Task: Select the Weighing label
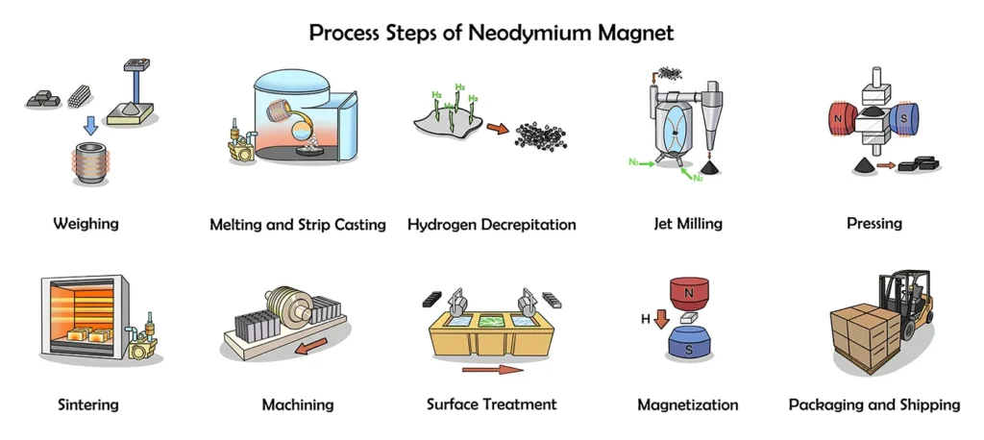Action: click(86, 224)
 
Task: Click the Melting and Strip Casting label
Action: click(298, 225)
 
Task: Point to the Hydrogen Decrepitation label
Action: click(492, 225)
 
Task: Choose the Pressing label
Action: click(873, 224)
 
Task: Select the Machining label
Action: click(298, 404)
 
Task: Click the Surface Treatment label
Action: click(492, 404)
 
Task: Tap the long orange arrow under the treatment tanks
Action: click(492, 369)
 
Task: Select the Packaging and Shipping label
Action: click(873, 404)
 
